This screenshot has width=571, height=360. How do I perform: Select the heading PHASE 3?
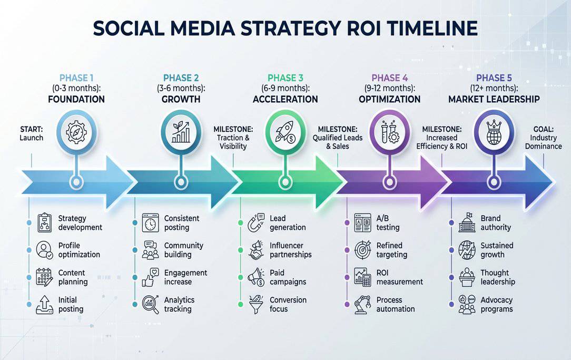pos(285,78)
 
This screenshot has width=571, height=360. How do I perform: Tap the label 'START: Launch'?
pos(32,133)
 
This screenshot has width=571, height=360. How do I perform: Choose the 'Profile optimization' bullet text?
pos(79,250)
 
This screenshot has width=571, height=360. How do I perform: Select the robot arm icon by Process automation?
pos(362,304)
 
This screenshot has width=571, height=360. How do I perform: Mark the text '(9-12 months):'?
pos(389,88)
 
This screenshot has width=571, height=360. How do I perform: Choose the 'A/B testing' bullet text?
pos(388,223)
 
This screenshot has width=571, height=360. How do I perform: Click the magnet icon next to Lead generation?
pos(256,222)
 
